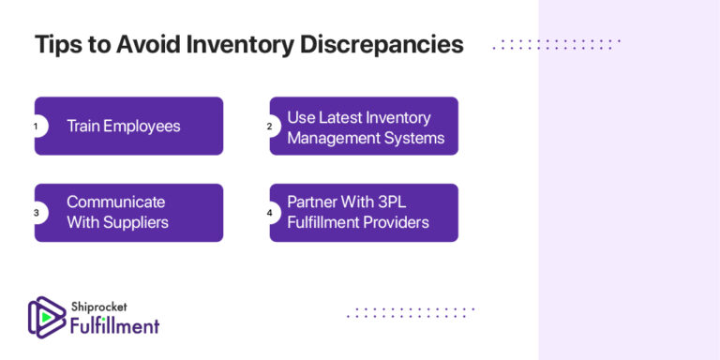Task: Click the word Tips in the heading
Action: pyautogui.click(x=54, y=45)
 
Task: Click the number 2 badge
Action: pyautogui.click(x=270, y=126)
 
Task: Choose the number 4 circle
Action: pyautogui.click(x=270, y=213)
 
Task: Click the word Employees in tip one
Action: pyautogui.click(x=142, y=126)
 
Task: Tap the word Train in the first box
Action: pyautogui.click(x=82, y=126)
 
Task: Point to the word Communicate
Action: pyautogui.click(x=115, y=202)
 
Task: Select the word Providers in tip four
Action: pyautogui.click(x=397, y=222)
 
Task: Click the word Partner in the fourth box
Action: pyautogui.click(x=312, y=202)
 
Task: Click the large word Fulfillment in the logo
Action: pyautogui.click(x=114, y=325)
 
